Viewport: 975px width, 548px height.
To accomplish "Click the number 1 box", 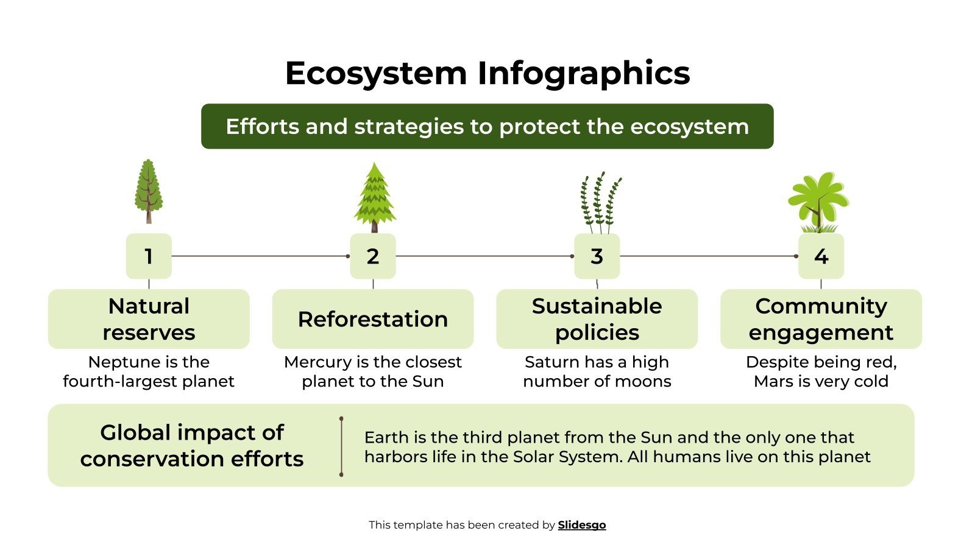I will pyautogui.click(x=149, y=256).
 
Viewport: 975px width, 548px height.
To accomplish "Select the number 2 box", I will pyautogui.click(x=373, y=256).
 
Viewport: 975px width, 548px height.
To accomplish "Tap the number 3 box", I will pyautogui.click(x=597, y=256).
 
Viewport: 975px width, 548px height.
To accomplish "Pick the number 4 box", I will pyautogui.click(x=821, y=256).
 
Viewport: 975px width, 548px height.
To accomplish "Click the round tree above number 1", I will pyautogui.click(x=148, y=190).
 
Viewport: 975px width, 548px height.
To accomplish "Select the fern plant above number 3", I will pyautogui.click(x=600, y=202).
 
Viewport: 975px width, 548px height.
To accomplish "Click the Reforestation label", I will pyautogui.click(x=373, y=319).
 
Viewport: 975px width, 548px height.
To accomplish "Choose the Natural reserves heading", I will pyautogui.click(x=149, y=319).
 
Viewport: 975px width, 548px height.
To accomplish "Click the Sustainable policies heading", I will pyautogui.click(x=597, y=319).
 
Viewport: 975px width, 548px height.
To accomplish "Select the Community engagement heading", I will pyautogui.click(x=821, y=319).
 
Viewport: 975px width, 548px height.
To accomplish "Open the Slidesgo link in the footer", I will pyautogui.click(x=581, y=525).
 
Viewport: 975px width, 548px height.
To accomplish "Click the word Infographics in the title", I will pyautogui.click(x=583, y=74).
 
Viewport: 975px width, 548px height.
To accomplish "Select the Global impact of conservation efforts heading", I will pyautogui.click(x=192, y=445).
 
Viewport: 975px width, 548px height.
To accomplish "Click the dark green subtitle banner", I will pyautogui.click(x=487, y=126).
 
